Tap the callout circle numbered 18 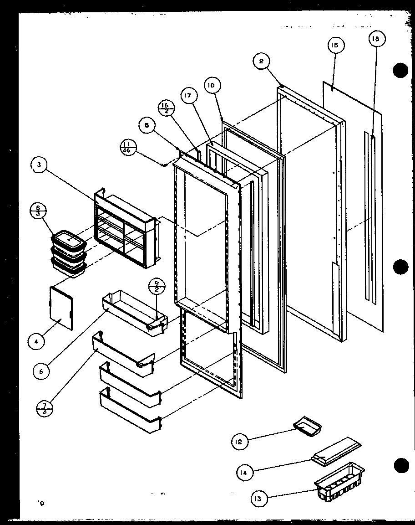click(x=375, y=40)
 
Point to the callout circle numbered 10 click(x=212, y=85)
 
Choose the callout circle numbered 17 click(x=190, y=96)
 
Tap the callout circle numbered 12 click(x=240, y=441)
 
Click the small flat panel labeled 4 click(x=61, y=307)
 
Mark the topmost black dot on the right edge click(x=400, y=71)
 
